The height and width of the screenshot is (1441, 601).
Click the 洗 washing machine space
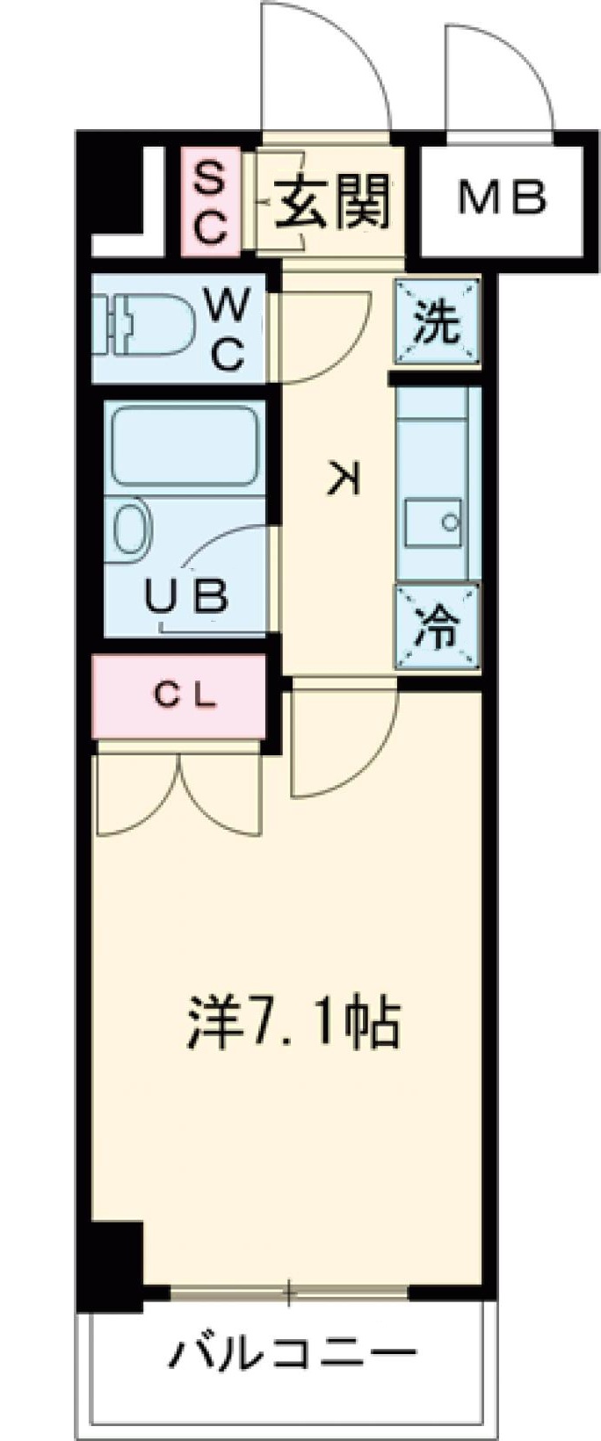click(x=437, y=321)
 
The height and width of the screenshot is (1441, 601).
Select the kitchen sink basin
click(x=435, y=523)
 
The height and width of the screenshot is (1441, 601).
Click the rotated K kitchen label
click(x=344, y=479)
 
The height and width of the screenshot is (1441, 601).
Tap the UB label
click(x=188, y=597)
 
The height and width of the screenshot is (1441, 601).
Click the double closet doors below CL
click(x=180, y=790)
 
